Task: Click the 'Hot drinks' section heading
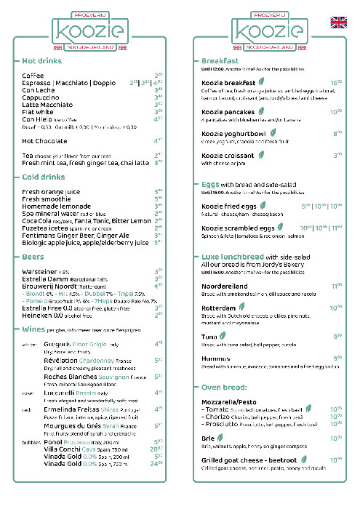coord(44,60)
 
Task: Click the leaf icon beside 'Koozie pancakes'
coord(260,112)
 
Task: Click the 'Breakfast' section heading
coord(220,60)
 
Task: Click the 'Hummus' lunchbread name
coord(216,358)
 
